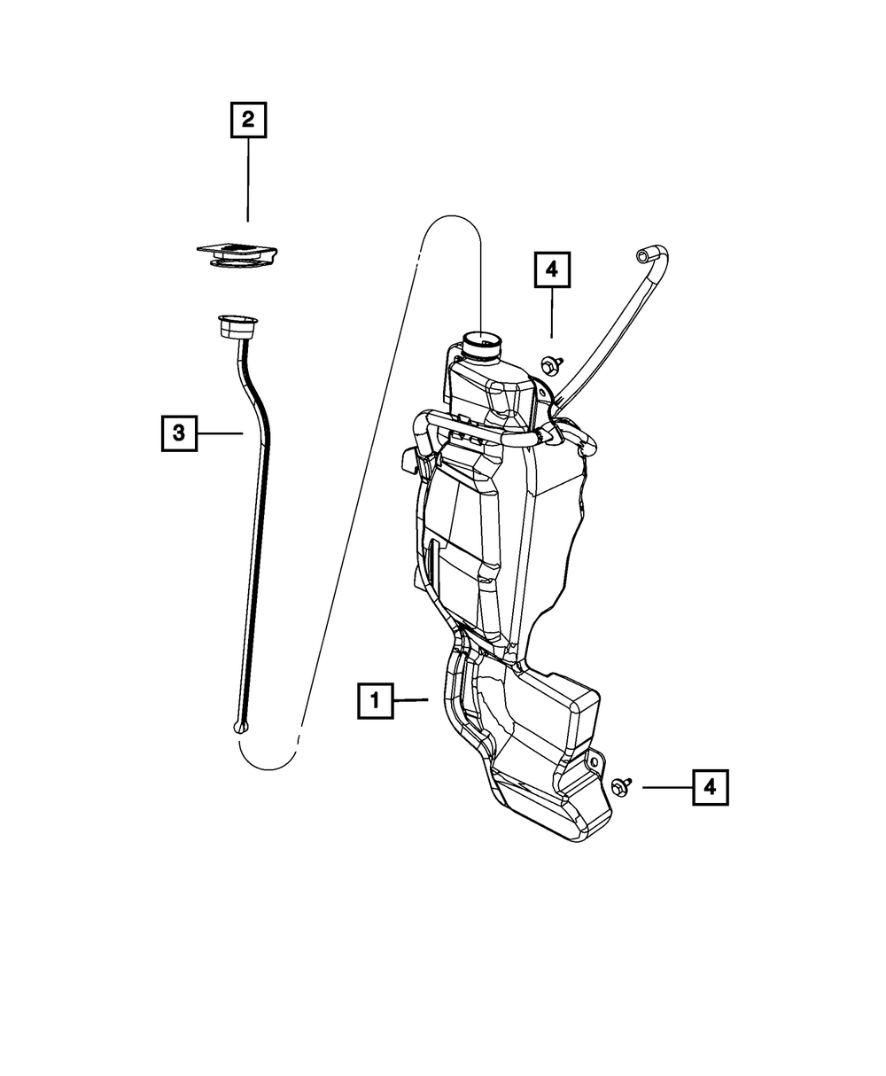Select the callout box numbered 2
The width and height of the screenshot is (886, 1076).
(248, 120)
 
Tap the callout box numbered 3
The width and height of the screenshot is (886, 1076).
(179, 433)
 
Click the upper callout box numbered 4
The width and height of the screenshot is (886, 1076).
(552, 270)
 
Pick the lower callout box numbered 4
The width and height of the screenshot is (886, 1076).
(711, 787)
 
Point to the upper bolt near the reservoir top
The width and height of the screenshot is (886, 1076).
(547, 363)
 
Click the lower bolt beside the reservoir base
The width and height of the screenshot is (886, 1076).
(621, 786)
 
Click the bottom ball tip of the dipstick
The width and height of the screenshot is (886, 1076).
(242, 728)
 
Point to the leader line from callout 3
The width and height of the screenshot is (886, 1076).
(220, 433)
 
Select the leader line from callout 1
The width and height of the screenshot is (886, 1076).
(412, 700)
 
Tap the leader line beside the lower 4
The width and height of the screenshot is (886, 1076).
(666, 787)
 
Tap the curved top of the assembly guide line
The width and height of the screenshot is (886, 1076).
(450, 218)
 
